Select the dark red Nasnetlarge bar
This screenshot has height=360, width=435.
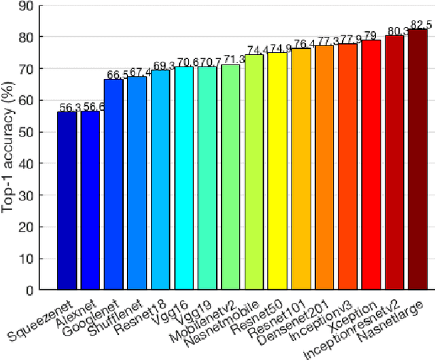(417, 159)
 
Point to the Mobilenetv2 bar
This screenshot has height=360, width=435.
(230, 177)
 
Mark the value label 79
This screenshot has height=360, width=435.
(371, 35)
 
